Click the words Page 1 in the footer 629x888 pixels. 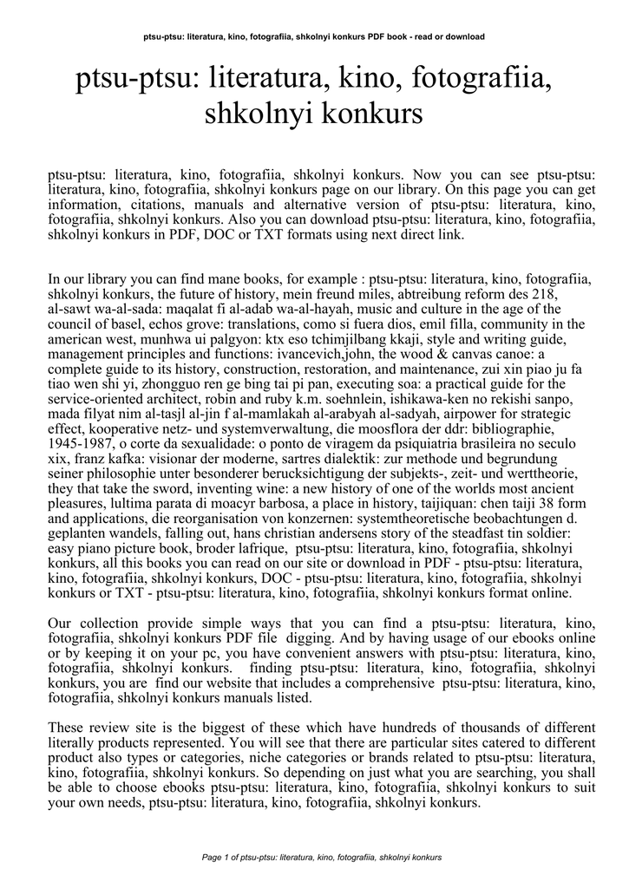coord(217,857)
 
